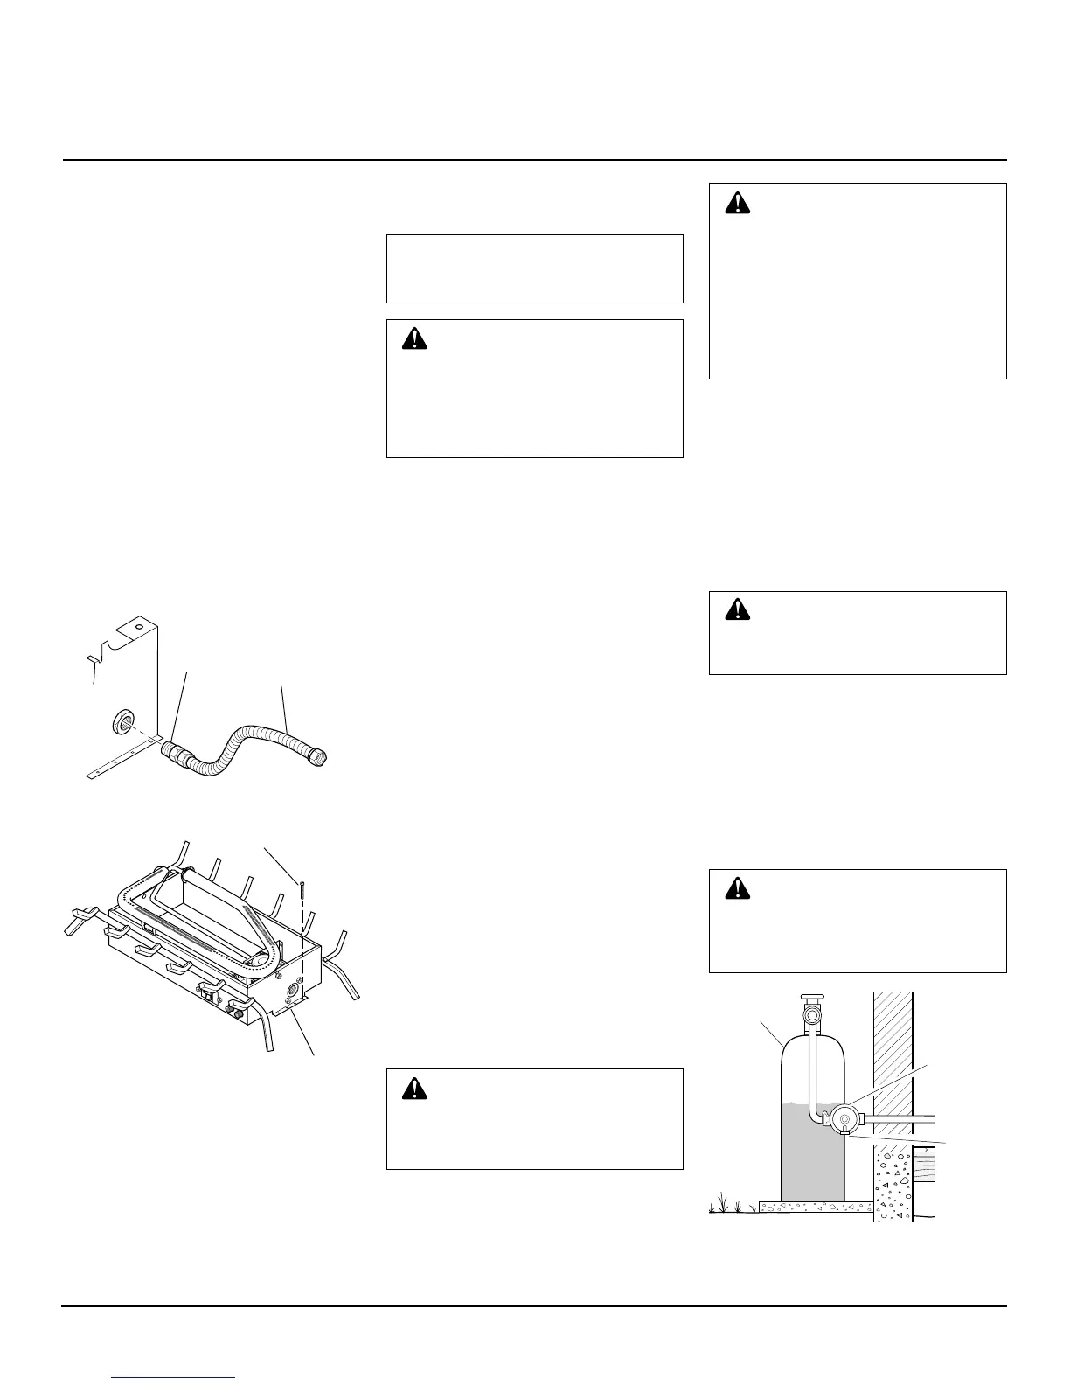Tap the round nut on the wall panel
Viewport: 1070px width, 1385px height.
tap(120, 721)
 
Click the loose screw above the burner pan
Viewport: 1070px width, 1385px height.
tap(300, 889)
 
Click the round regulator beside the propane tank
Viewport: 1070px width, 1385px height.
tap(845, 1118)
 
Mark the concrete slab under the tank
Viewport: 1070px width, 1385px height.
tap(813, 1208)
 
